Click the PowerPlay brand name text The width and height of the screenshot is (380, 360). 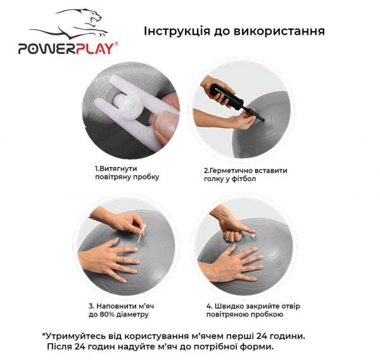[x=67, y=48]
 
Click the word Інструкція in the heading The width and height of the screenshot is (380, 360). [x=177, y=32]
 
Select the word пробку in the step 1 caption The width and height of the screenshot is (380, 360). [x=145, y=177]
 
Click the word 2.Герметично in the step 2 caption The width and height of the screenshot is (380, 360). [x=226, y=170]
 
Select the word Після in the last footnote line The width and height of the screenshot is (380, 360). [x=60, y=347]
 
